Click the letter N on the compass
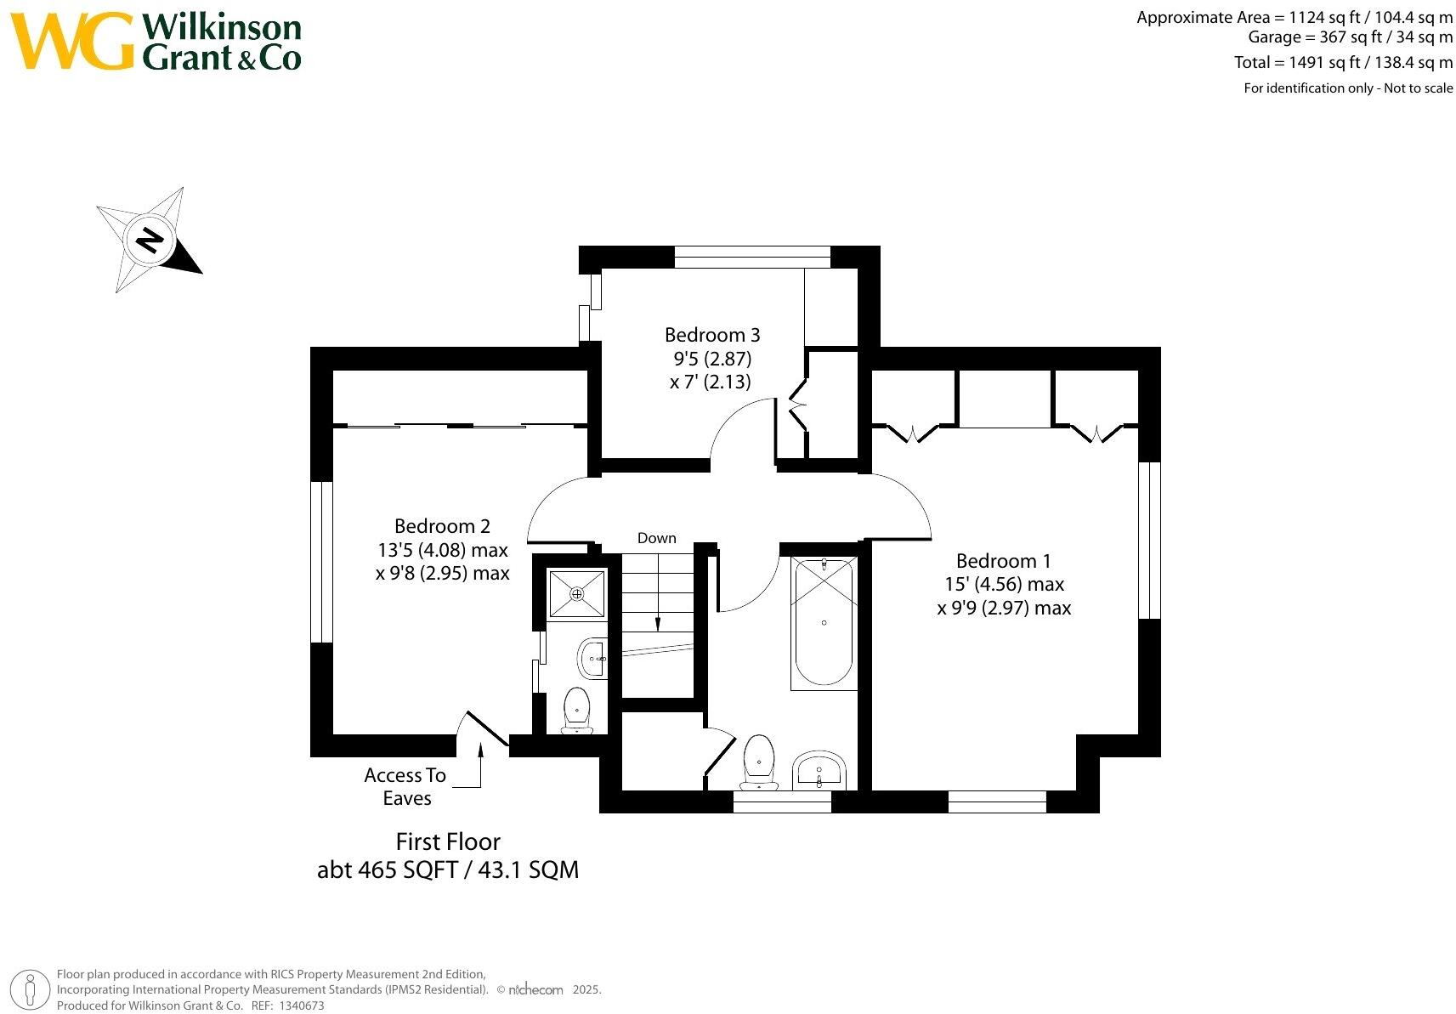point(150,241)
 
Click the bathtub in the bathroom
point(824,623)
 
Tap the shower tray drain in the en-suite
point(576,593)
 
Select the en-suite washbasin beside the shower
point(592,659)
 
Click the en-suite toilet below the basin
point(577,711)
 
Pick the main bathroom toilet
point(758,762)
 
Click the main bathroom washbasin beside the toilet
point(819,770)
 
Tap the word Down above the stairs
point(656,538)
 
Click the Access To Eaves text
point(405,786)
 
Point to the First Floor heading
point(448,841)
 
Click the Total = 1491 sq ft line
point(1343,62)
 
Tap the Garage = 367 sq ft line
point(1350,37)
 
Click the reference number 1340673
point(302,1006)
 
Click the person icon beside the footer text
point(30,990)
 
